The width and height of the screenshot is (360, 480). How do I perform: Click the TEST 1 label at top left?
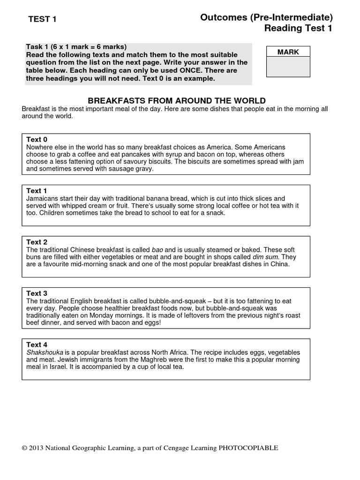tap(42, 19)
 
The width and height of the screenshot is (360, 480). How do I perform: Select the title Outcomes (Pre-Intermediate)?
tap(266, 17)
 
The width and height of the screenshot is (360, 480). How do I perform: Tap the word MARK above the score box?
tap(288, 52)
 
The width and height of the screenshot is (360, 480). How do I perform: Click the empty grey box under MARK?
tap(288, 67)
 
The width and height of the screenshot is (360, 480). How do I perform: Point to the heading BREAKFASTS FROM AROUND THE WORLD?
tap(177, 101)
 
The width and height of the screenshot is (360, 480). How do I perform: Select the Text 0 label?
tap(37, 140)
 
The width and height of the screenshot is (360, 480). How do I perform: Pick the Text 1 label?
tap(37, 191)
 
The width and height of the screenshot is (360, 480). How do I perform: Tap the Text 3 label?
tap(37, 293)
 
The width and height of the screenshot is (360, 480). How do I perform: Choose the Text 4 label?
tap(37, 345)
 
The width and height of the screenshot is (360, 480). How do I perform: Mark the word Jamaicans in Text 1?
tap(43, 199)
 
